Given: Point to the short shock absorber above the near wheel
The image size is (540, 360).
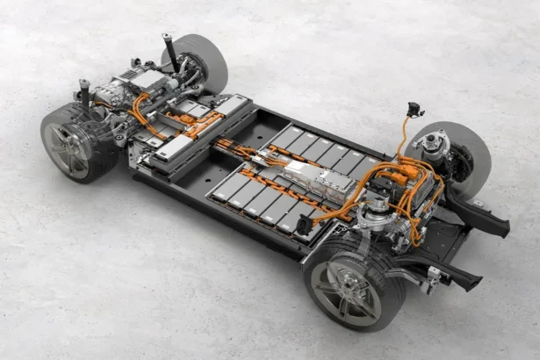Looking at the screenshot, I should tap(85, 92).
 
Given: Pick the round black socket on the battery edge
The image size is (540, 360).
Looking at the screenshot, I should tap(304, 226).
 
